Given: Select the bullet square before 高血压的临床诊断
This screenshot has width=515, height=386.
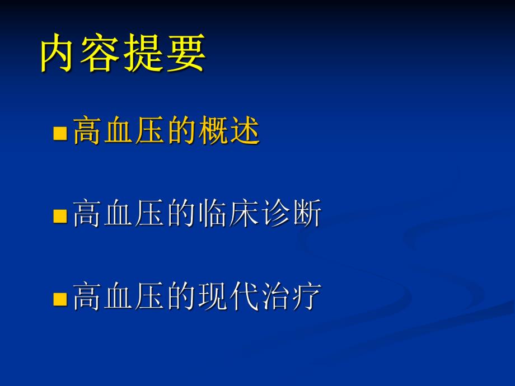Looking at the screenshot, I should tap(59, 216).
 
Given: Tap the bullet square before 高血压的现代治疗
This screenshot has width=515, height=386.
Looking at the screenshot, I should tap(59, 298).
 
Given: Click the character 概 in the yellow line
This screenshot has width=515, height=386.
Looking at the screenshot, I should tap(213, 133).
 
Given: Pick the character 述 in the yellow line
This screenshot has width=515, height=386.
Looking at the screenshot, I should tap(244, 133).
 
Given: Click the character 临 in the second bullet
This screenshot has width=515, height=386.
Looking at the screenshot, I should tap(213, 214).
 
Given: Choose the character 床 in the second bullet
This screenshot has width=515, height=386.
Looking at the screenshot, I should tap(244, 214).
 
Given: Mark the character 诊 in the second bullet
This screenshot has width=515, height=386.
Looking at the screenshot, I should tap(275, 214).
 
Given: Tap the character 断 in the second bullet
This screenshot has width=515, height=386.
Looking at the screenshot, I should tap(307, 214).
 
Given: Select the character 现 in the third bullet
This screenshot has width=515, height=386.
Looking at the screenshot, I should tap(213, 296).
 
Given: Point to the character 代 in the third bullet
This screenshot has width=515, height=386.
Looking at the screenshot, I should tap(244, 296).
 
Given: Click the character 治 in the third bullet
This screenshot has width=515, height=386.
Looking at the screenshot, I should tap(275, 296).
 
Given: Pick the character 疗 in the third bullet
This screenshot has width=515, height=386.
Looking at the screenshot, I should tap(307, 296).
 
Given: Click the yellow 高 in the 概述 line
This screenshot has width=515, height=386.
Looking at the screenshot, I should tap(87, 133).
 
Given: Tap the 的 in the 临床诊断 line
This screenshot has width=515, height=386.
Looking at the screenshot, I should tap(181, 214).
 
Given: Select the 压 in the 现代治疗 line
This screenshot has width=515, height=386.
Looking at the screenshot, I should tap(150, 296).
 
